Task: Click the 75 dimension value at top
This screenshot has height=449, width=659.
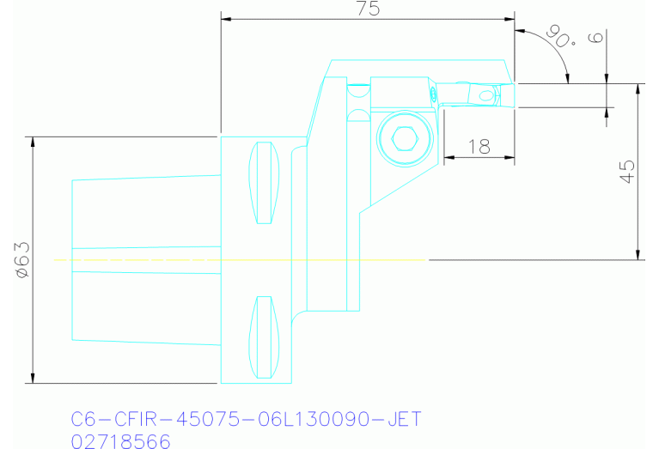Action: (368, 9)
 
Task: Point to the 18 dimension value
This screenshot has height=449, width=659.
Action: (479, 147)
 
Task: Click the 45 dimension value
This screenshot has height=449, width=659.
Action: (627, 172)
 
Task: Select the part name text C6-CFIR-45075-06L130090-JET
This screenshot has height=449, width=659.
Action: (246, 420)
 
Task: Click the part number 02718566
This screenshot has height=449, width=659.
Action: (120, 440)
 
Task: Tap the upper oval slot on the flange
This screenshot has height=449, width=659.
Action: (265, 182)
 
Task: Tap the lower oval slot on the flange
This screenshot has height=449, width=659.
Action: (265, 337)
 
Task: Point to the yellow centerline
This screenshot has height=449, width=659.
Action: (241, 259)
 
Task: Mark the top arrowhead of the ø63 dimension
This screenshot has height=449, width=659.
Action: (33, 142)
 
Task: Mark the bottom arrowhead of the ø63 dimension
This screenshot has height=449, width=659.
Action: (33, 379)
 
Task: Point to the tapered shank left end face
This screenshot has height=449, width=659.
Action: (72, 259)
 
